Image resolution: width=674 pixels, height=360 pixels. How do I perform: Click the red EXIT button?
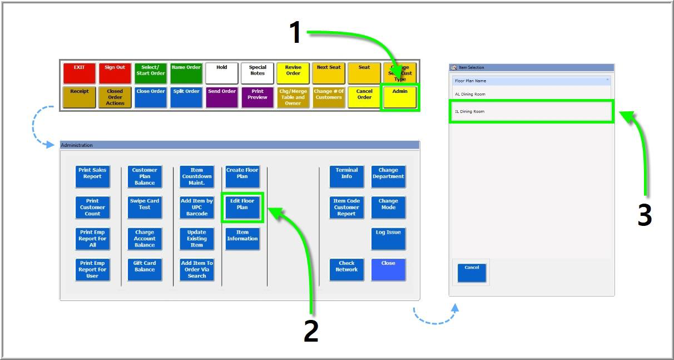[80, 73]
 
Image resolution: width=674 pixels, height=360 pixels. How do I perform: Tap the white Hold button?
[222, 73]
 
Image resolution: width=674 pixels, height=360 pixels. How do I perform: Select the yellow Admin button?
[400, 97]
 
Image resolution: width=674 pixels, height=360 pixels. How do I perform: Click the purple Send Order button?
[222, 97]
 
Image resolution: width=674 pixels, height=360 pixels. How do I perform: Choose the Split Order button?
[186, 97]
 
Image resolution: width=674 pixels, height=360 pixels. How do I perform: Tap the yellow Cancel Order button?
[364, 97]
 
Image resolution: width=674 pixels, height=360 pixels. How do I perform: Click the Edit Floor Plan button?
[242, 208]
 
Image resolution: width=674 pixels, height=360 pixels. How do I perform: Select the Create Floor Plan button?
[242, 176]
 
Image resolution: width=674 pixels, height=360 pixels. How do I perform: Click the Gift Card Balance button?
[145, 269]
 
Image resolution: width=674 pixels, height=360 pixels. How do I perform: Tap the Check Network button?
[346, 269]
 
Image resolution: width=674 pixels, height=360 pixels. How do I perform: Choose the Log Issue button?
[388, 238]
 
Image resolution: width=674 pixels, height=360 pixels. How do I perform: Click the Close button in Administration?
[388, 269]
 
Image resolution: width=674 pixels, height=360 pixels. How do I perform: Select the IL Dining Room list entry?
[531, 111]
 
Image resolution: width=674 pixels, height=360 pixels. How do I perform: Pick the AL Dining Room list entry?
[531, 94]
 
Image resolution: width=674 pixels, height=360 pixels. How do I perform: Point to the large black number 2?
[311, 331]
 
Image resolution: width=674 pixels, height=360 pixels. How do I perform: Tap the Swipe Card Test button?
[145, 208]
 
